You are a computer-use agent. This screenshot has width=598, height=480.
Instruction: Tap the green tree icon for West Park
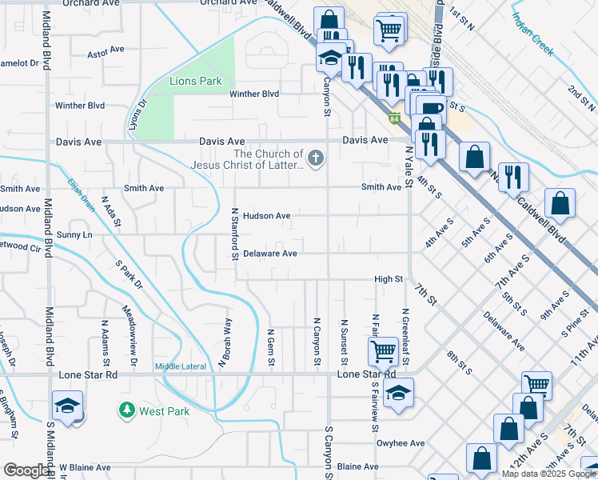126,411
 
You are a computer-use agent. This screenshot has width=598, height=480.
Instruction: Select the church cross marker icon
317,158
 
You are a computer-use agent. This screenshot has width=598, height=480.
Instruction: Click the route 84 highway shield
394,120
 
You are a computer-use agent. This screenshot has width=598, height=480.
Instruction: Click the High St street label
389,279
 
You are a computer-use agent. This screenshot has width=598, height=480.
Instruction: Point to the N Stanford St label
235,234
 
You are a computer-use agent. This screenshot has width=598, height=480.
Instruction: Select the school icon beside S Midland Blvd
68,404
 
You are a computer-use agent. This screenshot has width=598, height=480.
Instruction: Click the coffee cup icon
431,108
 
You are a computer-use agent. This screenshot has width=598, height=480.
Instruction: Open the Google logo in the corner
26,471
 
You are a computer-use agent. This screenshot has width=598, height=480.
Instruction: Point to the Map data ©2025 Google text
548,474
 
